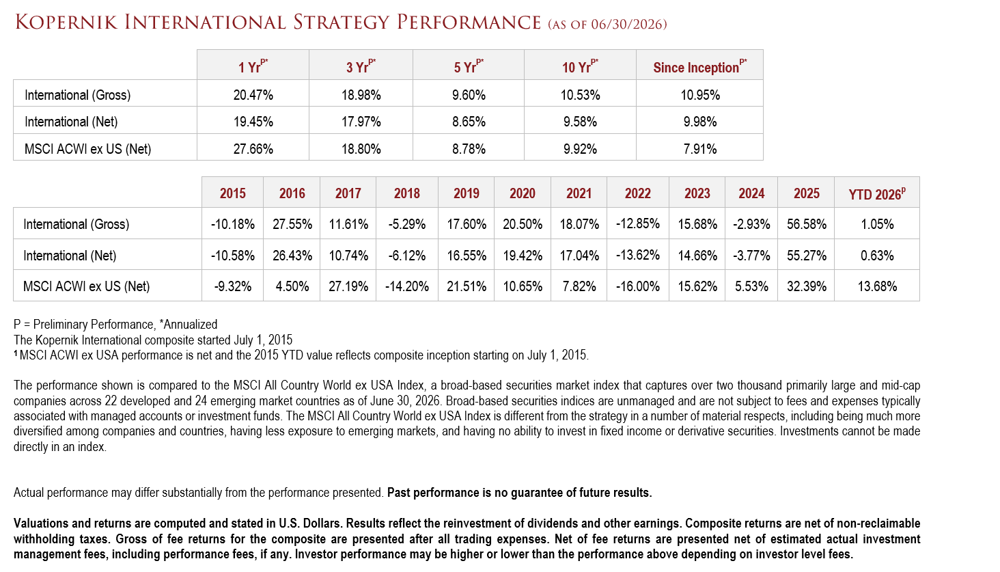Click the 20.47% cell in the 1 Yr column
tap(253, 95)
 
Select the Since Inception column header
tap(700, 66)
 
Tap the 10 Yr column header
tap(580, 66)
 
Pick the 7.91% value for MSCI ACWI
tap(700, 149)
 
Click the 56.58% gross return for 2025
tap(806, 224)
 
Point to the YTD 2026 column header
tap(877, 193)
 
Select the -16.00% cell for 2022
tap(637, 286)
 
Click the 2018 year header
tap(406, 193)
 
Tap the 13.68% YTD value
tap(877, 286)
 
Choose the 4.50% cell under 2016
tap(292, 286)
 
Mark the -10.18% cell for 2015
tap(233, 224)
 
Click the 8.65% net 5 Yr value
tap(469, 122)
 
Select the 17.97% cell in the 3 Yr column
tap(361, 122)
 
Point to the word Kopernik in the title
tap(66, 23)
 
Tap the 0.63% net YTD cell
tap(877, 256)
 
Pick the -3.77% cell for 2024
tap(751, 256)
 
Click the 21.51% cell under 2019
tap(467, 286)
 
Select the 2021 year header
tap(579, 193)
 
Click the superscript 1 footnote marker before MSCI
tap(16, 353)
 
